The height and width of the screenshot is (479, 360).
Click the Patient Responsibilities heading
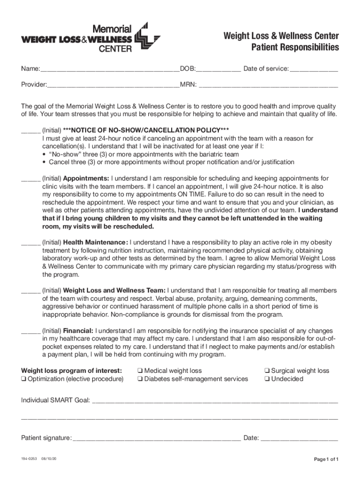click(295, 47)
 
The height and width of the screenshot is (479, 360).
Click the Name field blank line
click(109, 70)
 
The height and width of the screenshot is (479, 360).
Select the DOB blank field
click(218, 70)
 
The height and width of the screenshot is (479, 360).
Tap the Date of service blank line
click(314, 70)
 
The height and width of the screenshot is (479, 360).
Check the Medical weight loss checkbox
click(140, 371)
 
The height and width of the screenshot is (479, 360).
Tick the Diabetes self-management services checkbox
click(140, 379)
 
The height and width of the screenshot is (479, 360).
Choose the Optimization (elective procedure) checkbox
click(24, 379)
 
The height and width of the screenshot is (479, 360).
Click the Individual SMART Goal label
click(56, 400)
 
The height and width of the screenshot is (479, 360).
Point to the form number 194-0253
click(28, 459)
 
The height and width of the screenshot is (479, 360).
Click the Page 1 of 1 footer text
click(326, 459)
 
